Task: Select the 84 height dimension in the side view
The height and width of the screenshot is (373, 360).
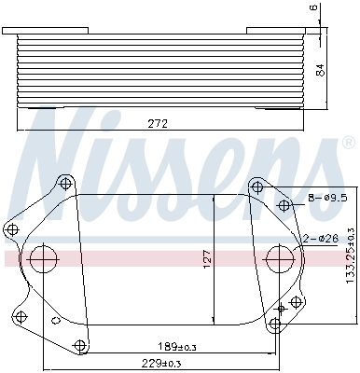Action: [320, 70]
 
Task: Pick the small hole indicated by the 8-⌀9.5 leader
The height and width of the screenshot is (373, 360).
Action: [284, 204]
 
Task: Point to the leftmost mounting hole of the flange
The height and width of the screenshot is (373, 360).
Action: [12, 228]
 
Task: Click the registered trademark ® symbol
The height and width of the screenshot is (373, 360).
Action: [348, 143]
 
